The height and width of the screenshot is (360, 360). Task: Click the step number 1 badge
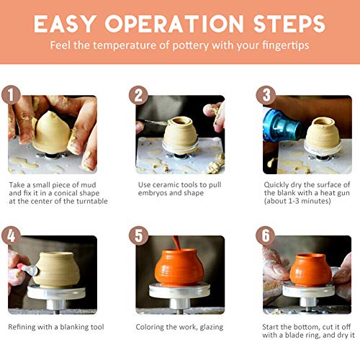point(11,95)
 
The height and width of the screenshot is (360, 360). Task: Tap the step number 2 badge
point(138,95)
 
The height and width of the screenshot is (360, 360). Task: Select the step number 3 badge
point(266,95)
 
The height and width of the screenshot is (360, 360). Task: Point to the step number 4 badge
point(11,235)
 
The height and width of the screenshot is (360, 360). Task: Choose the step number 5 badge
point(138,235)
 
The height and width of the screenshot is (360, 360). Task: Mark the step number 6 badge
point(266,235)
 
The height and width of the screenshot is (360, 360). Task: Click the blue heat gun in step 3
point(282,125)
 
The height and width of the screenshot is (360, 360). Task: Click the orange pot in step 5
point(179,267)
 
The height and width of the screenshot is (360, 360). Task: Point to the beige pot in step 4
point(56,270)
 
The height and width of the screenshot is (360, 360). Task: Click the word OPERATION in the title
point(174,24)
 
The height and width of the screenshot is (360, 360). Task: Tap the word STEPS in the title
point(289,24)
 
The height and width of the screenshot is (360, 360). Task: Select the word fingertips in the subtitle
point(285,45)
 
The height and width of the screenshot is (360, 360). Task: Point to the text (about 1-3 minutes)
point(297,201)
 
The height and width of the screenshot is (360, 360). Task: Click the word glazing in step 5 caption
point(212,327)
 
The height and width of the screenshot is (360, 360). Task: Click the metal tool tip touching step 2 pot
point(166,124)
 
